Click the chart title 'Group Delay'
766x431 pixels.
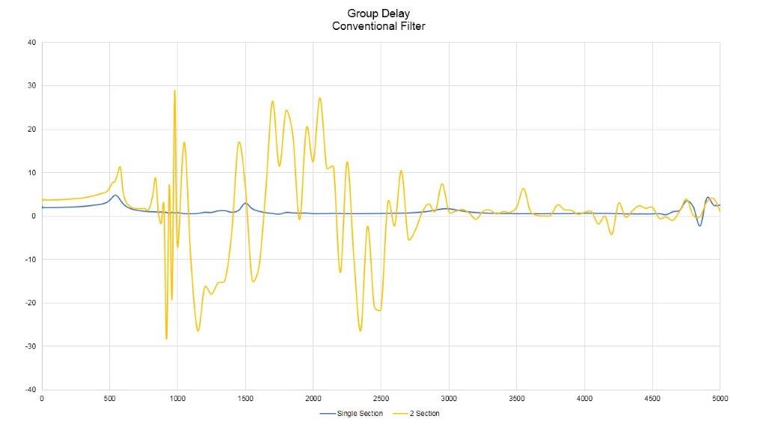click(379, 13)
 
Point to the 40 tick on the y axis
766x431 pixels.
click(31, 43)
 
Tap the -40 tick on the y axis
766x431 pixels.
click(30, 390)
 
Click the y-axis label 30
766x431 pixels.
click(31, 86)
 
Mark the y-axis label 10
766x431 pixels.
click(31, 173)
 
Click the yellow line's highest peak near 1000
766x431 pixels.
click(175, 91)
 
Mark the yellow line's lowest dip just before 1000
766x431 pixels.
click(166, 339)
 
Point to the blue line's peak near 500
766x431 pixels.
click(115, 195)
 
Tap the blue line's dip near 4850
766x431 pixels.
click(700, 225)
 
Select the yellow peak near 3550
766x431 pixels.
click(524, 189)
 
